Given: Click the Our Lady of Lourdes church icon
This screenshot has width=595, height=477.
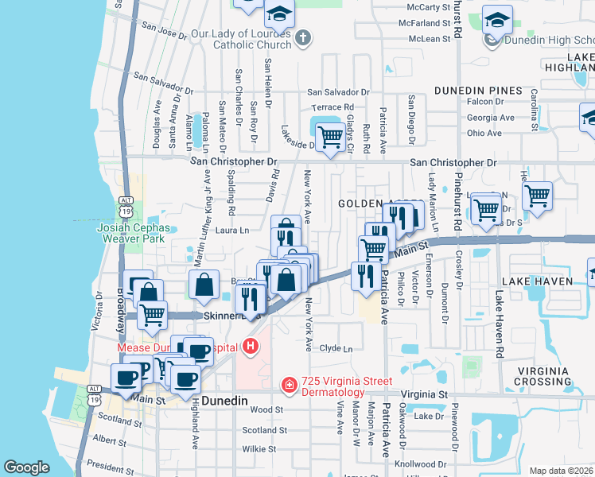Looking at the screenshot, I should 302,37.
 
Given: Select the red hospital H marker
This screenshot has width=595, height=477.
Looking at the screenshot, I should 251,347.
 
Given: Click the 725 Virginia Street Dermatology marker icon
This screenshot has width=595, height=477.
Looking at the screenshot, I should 290,386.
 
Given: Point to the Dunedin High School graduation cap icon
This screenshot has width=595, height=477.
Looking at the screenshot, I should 497,21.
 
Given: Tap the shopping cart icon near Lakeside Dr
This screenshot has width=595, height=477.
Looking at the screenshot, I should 330,138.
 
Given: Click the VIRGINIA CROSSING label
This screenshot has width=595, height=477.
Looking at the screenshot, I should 554,377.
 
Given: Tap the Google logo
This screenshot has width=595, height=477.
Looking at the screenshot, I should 26,467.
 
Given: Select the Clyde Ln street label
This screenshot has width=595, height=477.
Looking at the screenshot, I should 335,348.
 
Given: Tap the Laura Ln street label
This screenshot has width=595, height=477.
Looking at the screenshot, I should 232,231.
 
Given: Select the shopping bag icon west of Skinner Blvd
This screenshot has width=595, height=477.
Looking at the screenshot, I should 204,286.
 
